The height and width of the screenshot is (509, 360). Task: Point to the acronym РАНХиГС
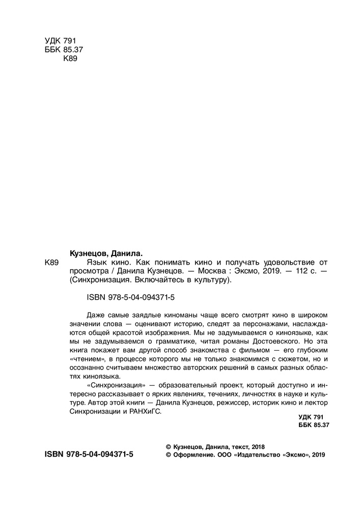click(x=145, y=414)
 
